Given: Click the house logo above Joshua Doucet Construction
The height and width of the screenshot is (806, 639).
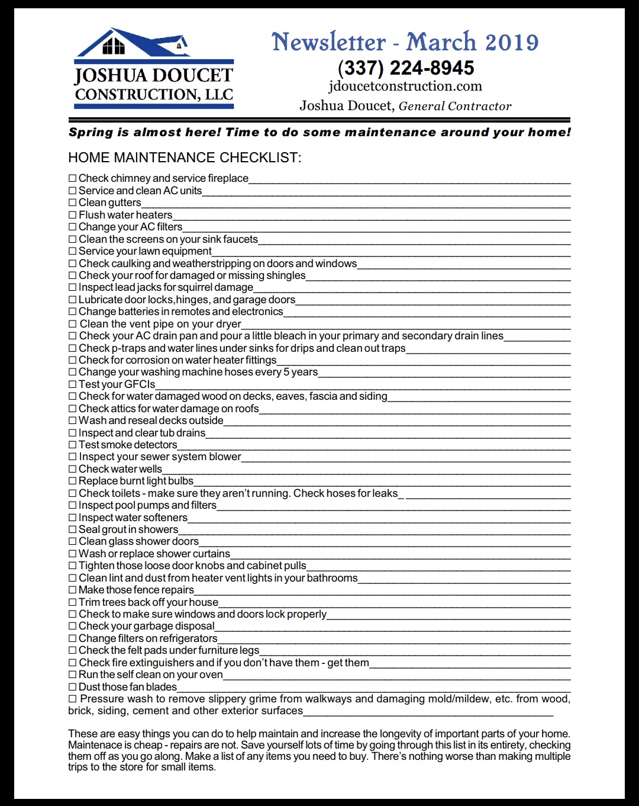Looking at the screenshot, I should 133,43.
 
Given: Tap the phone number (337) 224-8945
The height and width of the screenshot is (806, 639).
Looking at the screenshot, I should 406,68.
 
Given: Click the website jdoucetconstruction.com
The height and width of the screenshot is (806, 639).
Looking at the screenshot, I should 405,86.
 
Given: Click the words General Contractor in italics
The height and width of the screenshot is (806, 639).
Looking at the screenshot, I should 455,107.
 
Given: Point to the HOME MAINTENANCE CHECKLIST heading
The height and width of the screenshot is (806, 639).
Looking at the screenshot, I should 185,158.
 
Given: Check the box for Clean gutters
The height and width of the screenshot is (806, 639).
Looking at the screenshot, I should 73,203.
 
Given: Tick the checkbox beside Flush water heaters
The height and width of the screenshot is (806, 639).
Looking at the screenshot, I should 73,215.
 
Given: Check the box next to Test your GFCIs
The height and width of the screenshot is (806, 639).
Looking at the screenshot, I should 73,384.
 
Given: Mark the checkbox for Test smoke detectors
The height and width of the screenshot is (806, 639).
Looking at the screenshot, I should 73,445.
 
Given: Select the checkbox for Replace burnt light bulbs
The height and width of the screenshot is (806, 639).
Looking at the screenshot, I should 73,481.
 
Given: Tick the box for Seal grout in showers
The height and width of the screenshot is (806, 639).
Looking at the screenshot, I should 73,529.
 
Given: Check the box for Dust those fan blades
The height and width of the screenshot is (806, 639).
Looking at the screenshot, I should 73,687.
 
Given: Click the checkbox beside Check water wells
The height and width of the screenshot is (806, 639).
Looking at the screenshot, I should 73,469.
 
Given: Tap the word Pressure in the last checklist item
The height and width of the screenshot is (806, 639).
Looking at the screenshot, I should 102,699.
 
